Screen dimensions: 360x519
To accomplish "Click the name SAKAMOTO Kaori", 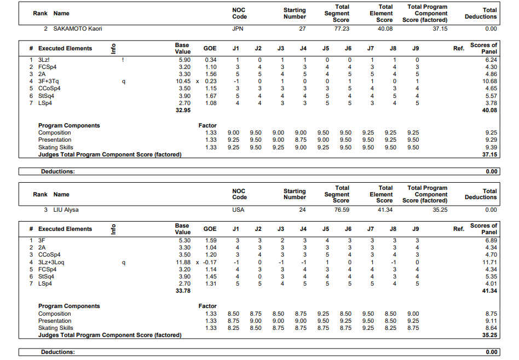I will click(x=77, y=28).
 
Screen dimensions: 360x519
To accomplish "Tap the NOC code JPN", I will click(x=238, y=28).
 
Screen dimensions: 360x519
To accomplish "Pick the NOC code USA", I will click(x=238, y=210).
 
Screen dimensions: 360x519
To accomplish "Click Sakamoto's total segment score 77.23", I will click(x=342, y=28).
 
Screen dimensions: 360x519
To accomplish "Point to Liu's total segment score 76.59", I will click(x=342, y=210).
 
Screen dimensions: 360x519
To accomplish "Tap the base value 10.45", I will click(x=182, y=81).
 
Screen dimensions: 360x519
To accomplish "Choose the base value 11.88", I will click(x=182, y=262).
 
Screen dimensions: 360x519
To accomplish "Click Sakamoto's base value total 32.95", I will click(x=182, y=110).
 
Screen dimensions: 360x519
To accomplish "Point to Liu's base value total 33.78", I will click(x=182, y=291).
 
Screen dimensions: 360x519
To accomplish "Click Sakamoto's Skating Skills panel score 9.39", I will click(x=491, y=147).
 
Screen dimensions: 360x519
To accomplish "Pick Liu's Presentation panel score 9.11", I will click(x=491, y=321).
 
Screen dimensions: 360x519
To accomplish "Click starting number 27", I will click(x=302, y=28).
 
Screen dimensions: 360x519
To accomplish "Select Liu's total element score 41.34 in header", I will click(x=385, y=210).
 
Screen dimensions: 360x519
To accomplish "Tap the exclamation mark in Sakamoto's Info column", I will click(x=123, y=59).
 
